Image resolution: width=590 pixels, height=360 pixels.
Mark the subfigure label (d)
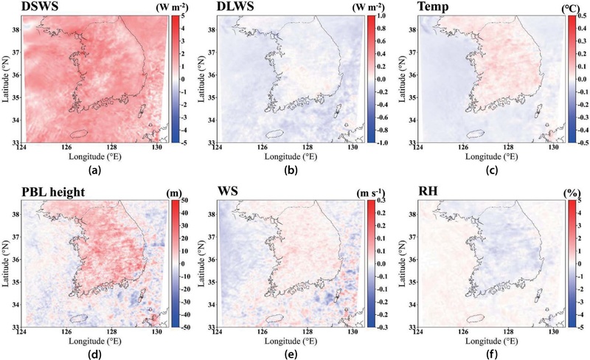click(x=94, y=353)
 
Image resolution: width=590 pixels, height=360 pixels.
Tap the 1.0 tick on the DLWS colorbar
click(x=376, y=15)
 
